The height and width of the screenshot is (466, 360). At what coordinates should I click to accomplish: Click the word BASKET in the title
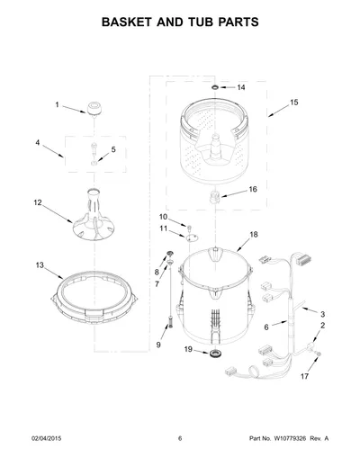click(x=127, y=22)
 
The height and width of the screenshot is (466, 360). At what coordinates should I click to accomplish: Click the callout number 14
click(x=241, y=87)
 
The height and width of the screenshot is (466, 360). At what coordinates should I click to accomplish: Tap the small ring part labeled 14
click(x=215, y=87)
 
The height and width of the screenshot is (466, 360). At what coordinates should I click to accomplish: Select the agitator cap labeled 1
click(x=94, y=108)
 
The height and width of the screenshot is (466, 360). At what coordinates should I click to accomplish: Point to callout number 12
click(x=38, y=202)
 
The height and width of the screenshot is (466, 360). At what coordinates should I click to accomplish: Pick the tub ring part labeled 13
click(x=94, y=298)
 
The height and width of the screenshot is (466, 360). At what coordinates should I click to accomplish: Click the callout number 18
click(x=254, y=235)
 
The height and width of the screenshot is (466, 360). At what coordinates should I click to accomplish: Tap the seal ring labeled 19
click(x=215, y=354)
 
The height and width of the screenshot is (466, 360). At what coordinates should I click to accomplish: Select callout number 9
click(x=158, y=345)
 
